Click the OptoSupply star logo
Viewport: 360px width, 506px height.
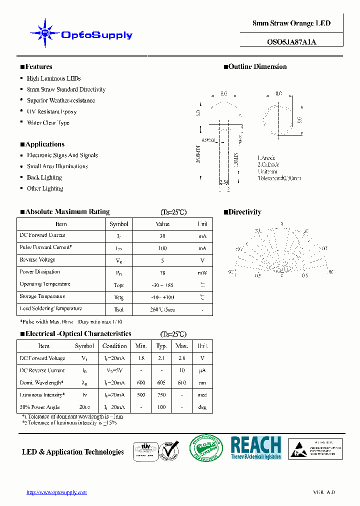[45, 33]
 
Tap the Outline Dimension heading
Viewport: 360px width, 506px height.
[257, 66]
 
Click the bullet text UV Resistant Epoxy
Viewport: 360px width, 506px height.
[51, 111]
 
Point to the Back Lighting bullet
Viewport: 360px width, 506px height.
[44, 177]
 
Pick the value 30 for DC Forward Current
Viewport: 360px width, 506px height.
[162, 236]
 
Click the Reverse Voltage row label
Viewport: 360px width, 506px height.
[37, 260]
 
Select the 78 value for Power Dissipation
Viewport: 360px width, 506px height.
[162, 272]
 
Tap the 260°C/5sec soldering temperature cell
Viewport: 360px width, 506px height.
[162, 309]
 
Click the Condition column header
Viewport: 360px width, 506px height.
[114, 346]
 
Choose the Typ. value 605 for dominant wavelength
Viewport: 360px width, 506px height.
[161, 383]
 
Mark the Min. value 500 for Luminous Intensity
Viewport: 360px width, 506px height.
[140, 395]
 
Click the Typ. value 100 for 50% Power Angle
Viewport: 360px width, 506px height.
[161, 407]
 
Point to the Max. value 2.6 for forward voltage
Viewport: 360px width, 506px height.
[182, 358]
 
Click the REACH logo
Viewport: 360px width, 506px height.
[255, 447]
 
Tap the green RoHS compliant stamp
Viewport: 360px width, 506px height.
[206, 448]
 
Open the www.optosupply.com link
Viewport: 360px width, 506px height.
[56, 492]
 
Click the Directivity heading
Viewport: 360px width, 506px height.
[244, 212]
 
